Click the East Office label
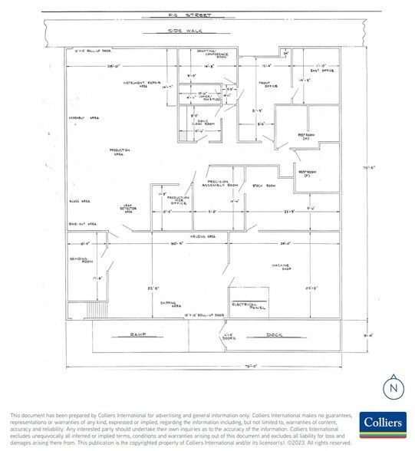pyautogui.click(x=318, y=68)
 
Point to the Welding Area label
pyautogui.click(x=199, y=237)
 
